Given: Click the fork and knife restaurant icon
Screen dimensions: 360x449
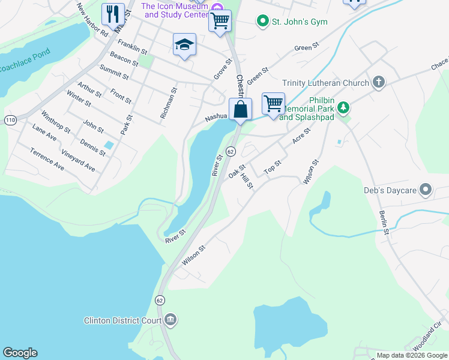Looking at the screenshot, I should (113, 13).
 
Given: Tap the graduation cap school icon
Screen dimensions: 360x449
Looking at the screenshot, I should (185, 45).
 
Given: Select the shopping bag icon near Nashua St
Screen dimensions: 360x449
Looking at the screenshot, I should (240, 109).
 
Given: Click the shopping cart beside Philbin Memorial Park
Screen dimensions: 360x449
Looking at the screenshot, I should (273, 103).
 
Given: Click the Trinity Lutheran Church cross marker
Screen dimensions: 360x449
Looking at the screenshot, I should (379, 82).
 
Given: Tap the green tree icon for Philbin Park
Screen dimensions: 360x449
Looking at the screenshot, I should (343, 108).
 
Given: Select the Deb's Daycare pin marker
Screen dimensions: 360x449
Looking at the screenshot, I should (426, 190).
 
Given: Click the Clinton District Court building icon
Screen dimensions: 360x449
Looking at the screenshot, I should (170, 319).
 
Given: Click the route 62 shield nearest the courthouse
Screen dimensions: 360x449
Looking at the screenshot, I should (160, 299).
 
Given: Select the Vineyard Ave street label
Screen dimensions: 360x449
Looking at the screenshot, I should (77, 161).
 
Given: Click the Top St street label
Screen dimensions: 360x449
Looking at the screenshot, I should (273, 166).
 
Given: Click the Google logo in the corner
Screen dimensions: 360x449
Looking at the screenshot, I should (20, 353).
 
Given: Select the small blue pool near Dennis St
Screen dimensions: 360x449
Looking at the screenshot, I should (109, 145).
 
